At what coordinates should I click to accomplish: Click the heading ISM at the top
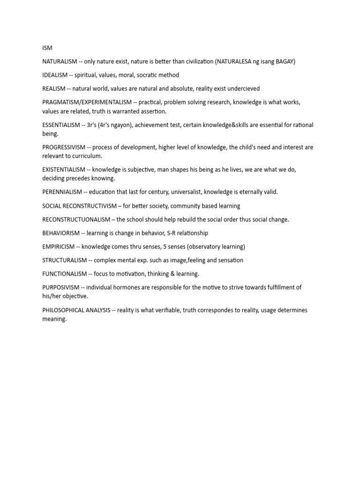(x=47, y=48)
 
